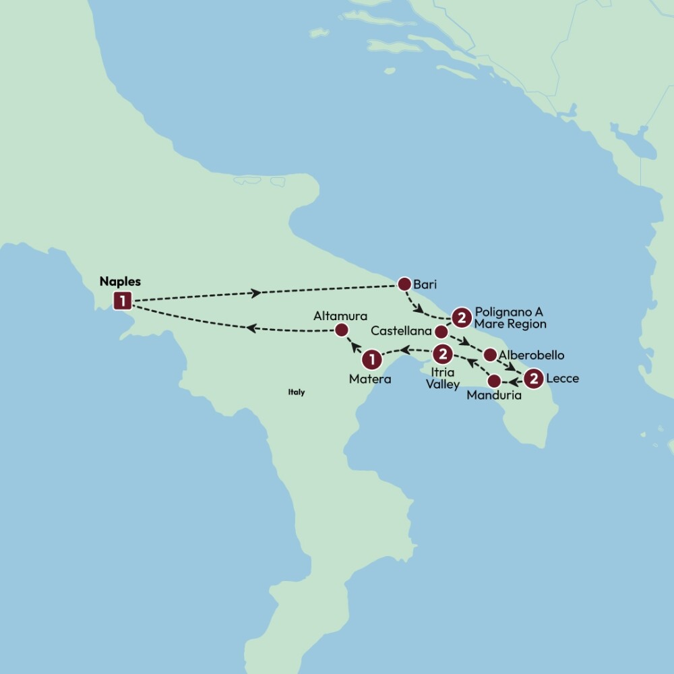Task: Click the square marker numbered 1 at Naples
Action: point(123,300)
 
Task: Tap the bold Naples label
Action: point(120,281)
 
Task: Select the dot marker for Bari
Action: point(404,284)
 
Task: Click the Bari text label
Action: point(425,285)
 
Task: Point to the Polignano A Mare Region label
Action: point(510,318)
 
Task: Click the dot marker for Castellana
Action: point(441,332)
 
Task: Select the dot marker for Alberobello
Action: point(491,355)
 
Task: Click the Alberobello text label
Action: point(531,355)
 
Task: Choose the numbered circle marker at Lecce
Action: point(534,379)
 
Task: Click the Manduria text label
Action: point(494,396)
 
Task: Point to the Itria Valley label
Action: point(443,378)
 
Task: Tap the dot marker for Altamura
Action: point(341,330)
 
